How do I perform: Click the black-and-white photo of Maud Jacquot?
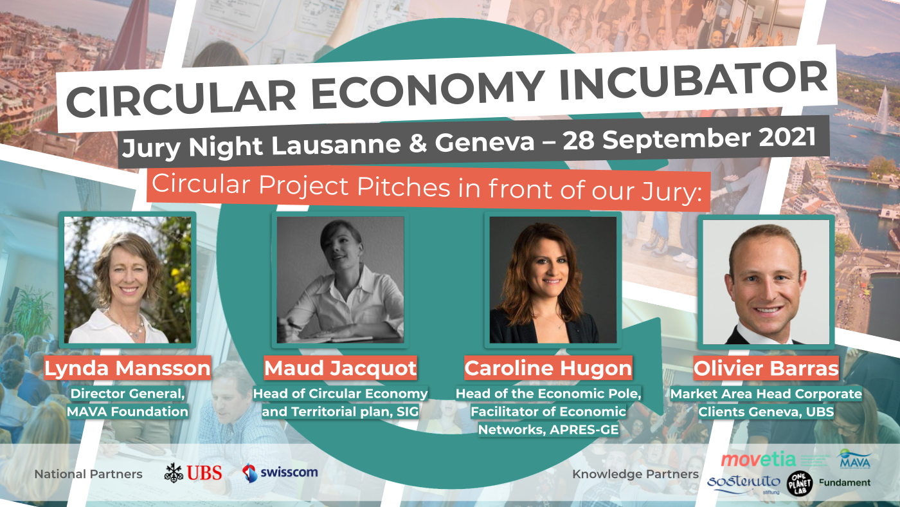pyautogui.click(x=340, y=279)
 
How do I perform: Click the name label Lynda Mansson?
pyautogui.click(x=127, y=369)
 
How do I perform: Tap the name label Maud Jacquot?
pyautogui.click(x=340, y=369)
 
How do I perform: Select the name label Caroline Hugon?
pyautogui.click(x=548, y=369)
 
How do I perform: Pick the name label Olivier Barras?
pyautogui.click(x=766, y=369)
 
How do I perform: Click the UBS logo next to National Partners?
pyautogui.click(x=193, y=474)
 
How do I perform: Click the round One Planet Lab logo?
pyautogui.click(x=800, y=483)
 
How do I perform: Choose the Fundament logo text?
pyautogui.click(x=845, y=483)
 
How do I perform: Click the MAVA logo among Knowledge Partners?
pyautogui.click(x=855, y=459)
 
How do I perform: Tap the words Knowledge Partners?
pyautogui.click(x=635, y=474)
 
